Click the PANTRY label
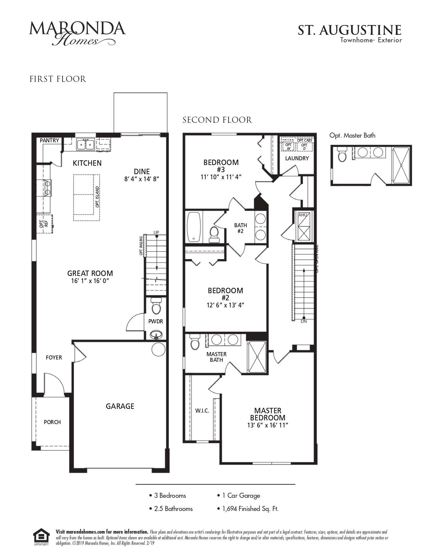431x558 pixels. (50, 140)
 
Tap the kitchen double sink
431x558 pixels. (86, 145)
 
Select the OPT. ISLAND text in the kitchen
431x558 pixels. (97, 197)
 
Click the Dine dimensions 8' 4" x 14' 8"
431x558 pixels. (142, 179)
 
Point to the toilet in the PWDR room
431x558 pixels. (156, 306)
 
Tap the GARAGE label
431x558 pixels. (120, 406)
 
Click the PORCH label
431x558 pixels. (52, 422)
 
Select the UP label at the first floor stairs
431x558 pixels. (156, 232)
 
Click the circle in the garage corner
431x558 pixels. (158, 349)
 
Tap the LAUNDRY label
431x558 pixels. (297, 158)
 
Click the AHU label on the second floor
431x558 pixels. (302, 214)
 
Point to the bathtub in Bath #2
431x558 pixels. (194, 227)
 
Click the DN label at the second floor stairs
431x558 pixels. (304, 322)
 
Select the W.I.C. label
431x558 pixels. (202, 411)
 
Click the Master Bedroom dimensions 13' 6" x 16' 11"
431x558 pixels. (267, 425)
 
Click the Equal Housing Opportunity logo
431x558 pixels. (41, 537)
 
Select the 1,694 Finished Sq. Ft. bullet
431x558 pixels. (250, 509)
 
